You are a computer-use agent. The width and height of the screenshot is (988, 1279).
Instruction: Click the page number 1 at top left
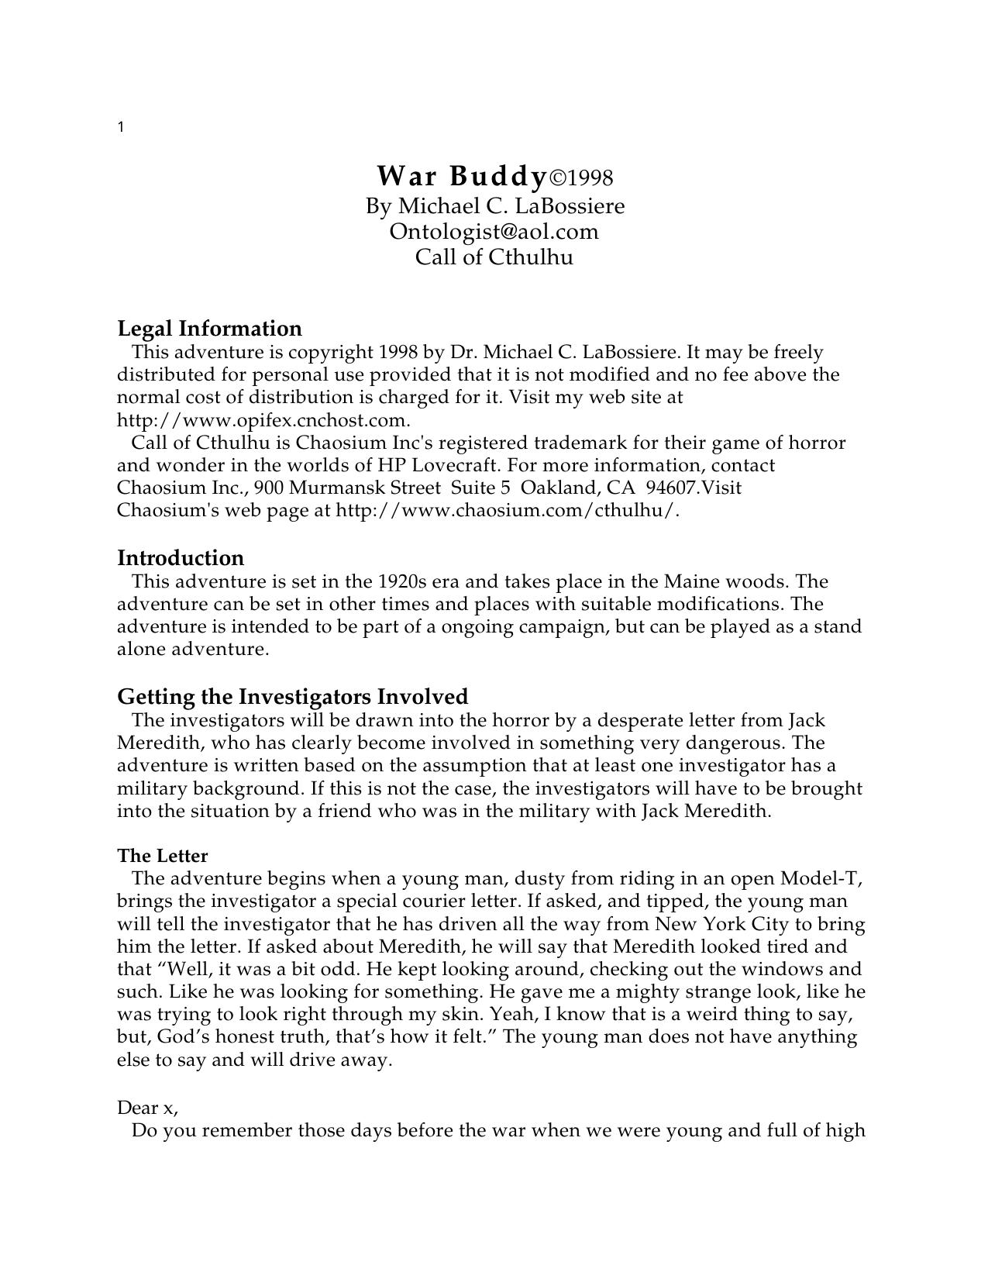(121, 127)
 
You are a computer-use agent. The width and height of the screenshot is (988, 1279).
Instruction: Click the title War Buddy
(461, 177)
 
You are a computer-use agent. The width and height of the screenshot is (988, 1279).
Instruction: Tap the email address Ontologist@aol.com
(494, 231)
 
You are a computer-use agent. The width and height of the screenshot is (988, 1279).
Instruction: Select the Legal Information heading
(209, 328)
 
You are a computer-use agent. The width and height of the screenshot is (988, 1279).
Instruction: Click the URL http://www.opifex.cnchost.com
(263, 420)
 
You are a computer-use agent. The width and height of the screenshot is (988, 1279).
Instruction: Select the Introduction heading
(180, 558)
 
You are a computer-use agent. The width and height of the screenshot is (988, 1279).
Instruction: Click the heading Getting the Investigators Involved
(292, 696)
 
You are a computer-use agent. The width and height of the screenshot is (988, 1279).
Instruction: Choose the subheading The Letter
(163, 856)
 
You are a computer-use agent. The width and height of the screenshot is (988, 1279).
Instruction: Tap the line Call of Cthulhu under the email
(494, 257)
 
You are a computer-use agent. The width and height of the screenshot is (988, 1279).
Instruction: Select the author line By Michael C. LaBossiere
(494, 206)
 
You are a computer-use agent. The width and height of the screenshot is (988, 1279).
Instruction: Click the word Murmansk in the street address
(336, 488)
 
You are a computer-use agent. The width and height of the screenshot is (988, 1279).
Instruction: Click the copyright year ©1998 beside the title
(581, 178)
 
